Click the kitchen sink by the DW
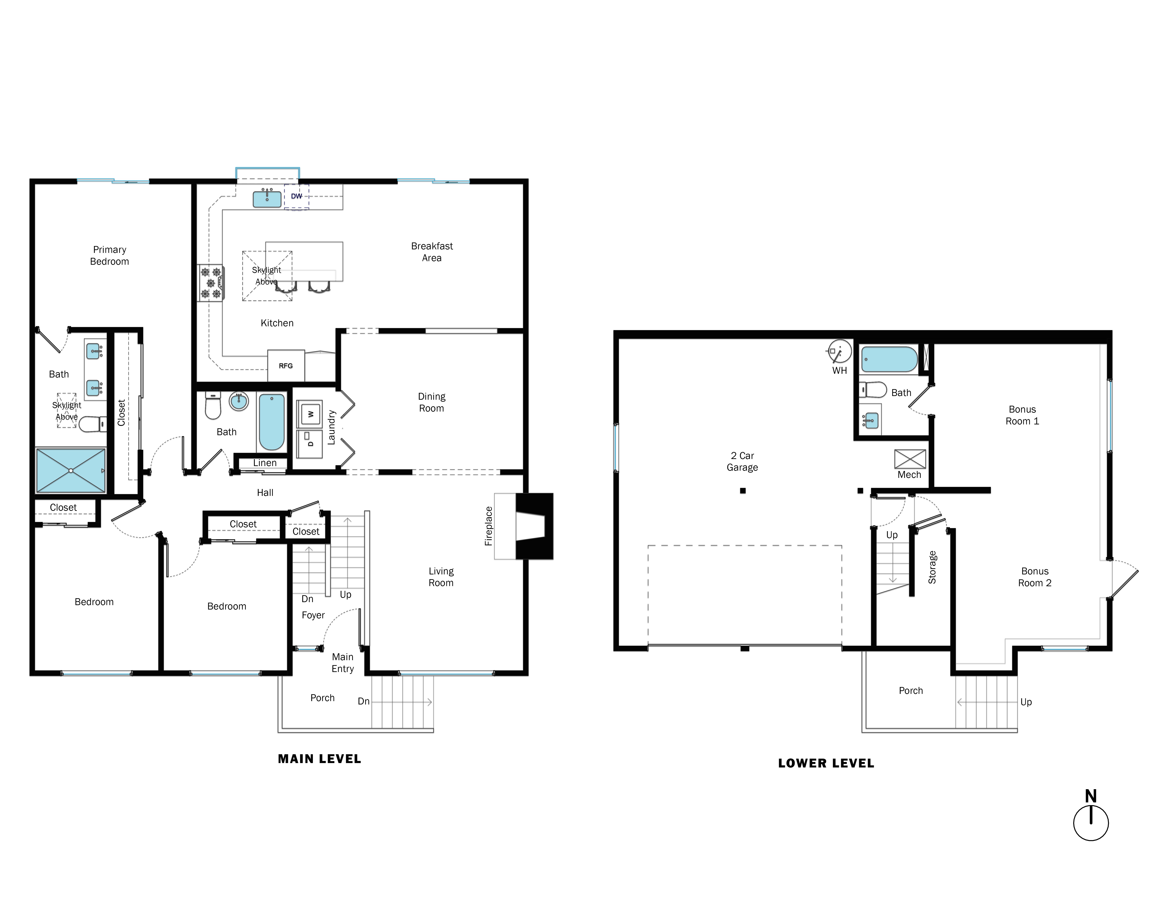[x=266, y=199]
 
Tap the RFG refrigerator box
[x=286, y=366]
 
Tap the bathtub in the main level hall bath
[x=271, y=422]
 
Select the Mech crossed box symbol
[x=910, y=459]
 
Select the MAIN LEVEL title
[x=319, y=759]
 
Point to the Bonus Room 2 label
[x=1035, y=577]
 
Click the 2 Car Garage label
[x=742, y=461]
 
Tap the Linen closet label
[x=265, y=463]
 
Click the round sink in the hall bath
[x=239, y=401]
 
